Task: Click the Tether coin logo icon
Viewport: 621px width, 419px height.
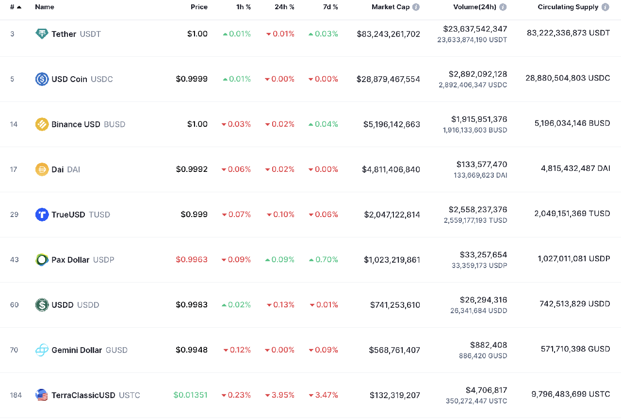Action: coord(42,34)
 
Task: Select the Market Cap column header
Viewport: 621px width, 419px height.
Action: coord(391,7)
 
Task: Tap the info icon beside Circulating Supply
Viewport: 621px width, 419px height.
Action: coord(605,7)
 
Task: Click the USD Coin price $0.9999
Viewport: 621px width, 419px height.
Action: coord(192,79)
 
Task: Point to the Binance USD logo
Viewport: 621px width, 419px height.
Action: coord(42,124)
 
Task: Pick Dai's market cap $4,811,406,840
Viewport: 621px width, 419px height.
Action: coord(391,169)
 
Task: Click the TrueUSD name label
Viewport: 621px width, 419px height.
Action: coord(68,215)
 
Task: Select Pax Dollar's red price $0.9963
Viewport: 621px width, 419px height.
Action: coord(192,260)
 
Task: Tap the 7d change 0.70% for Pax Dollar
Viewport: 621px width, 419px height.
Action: coord(324,260)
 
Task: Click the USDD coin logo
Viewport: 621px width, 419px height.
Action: coord(42,305)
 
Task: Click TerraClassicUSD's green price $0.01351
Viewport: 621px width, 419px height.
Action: coord(190,395)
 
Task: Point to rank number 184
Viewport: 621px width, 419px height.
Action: coord(16,395)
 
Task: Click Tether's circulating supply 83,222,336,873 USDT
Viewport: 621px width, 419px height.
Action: coord(568,33)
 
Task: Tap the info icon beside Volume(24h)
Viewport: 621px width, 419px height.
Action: coord(503,7)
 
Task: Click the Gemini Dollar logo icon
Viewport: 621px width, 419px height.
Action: coord(42,350)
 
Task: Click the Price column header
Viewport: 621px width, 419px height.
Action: coord(199,7)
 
